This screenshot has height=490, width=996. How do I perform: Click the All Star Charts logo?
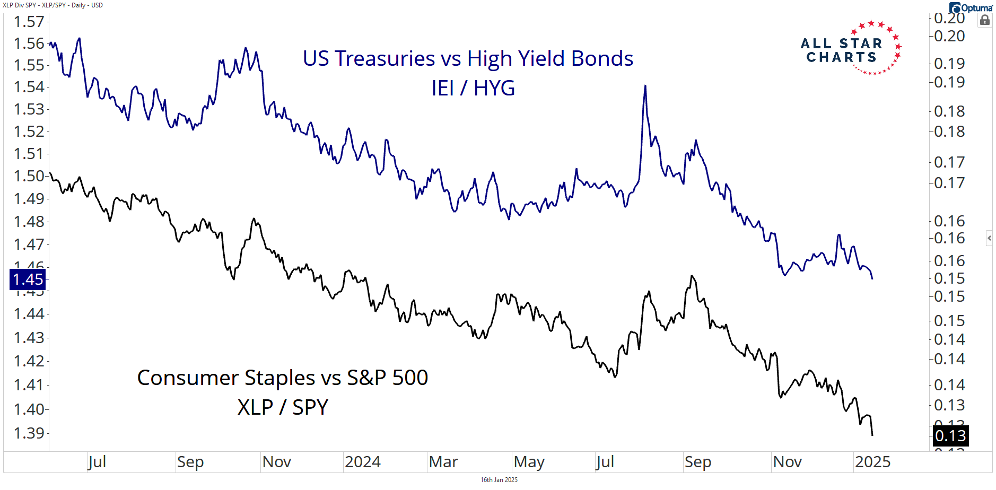[x=850, y=50]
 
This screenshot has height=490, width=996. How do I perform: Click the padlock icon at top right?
[x=985, y=21]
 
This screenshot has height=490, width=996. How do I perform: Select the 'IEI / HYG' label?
[x=473, y=88]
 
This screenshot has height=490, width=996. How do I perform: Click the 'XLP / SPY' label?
[x=283, y=407]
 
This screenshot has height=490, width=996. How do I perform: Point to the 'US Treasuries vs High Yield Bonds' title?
[x=468, y=58]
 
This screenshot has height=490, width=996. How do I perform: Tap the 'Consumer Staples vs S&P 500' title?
[x=282, y=378]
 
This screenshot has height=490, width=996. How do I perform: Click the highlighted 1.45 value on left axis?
[x=28, y=279]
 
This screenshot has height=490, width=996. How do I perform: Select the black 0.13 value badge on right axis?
[x=950, y=436]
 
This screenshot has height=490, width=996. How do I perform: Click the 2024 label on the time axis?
[x=362, y=462]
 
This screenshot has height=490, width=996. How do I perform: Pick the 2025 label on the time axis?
[x=872, y=462]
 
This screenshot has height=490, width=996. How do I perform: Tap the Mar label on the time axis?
[x=443, y=462]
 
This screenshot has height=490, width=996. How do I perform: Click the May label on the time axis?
[x=529, y=462]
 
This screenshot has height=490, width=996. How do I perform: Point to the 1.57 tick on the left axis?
[x=29, y=22]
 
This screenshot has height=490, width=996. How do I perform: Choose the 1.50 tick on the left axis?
[x=29, y=176]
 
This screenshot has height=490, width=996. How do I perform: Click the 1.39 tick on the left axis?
[x=29, y=433]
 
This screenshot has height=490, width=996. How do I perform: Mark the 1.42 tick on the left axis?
[x=29, y=361]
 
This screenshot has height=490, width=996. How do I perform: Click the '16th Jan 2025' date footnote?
[x=499, y=480]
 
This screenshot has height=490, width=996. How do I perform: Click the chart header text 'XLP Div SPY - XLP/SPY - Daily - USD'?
[x=53, y=5]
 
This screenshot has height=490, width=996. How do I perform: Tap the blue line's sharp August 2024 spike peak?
[x=645, y=86]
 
